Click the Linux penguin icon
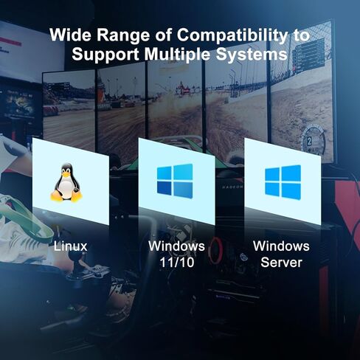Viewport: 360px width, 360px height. pyautogui.click(x=66, y=182)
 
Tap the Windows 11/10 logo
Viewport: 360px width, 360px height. pyautogui.click(x=175, y=181)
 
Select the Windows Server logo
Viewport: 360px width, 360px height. pyautogui.click(x=283, y=182)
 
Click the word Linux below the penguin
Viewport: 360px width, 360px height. pyautogui.click(x=71, y=246)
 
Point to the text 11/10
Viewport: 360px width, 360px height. pyautogui.click(x=177, y=263)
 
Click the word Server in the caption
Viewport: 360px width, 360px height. pyautogui.click(x=281, y=263)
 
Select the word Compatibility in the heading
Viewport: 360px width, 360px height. pyautogui.click(x=232, y=35)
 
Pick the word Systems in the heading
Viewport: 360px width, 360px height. pyautogui.click(x=252, y=55)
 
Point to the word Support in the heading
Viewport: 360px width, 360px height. pyautogui.click(x=105, y=55)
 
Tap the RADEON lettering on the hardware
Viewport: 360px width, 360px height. pyautogui.click(x=232, y=187)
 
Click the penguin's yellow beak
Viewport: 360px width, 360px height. pyautogui.click(x=66, y=174)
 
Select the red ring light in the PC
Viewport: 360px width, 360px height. pyautogui.click(x=216, y=250)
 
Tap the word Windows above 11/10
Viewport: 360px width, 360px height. pyautogui.click(x=176, y=246)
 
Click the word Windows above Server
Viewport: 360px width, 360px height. pyautogui.click(x=281, y=246)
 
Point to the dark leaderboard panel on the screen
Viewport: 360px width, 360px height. pyautogui.click(x=308, y=55)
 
